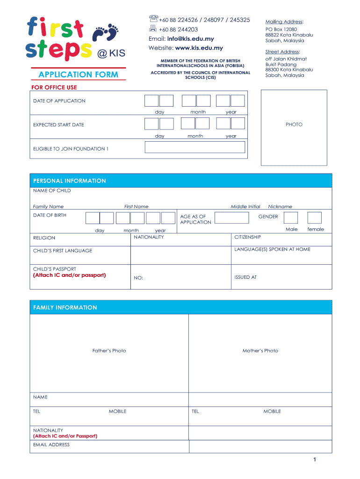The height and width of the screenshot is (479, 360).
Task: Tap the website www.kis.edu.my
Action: click(x=199, y=48)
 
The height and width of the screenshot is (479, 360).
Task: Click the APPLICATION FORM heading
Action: click(x=79, y=75)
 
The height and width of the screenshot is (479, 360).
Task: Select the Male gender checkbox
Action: click(x=291, y=218)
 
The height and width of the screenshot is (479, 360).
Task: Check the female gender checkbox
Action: click(x=315, y=218)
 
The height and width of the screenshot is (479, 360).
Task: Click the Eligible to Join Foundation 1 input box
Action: click(x=195, y=147)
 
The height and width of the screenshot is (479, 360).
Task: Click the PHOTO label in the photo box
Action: click(x=294, y=125)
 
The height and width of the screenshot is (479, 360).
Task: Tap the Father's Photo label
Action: click(x=109, y=351)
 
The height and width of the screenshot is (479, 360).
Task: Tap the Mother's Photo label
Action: click(x=260, y=351)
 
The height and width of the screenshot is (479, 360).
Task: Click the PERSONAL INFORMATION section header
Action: click(x=70, y=181)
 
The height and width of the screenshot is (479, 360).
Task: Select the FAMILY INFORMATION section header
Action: click(x=65, y=308)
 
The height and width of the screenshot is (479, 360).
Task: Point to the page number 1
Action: click(x=315, y=460)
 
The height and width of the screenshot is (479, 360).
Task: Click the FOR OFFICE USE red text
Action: click(x=54, y=87)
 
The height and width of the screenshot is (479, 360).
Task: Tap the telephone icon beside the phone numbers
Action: click(x=153, y=19)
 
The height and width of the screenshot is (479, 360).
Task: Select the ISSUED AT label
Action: click(x=245, y=277)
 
